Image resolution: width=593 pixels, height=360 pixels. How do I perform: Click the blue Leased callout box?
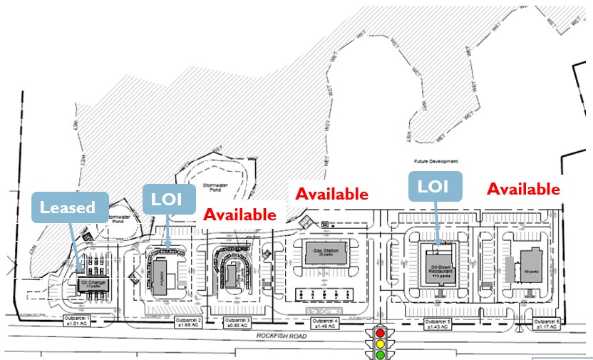pos(69,207)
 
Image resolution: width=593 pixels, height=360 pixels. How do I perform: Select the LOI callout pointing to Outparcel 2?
pos(169,200)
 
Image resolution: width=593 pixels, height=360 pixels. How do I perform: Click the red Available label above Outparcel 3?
pos(239,215)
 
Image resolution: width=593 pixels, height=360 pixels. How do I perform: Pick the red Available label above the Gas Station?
pos(331,193)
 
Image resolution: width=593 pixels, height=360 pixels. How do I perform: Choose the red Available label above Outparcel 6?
pos(522,189)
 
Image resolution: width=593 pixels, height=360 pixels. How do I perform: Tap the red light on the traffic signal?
pos(380,333)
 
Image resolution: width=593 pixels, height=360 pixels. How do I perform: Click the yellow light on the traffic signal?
pos(380,344)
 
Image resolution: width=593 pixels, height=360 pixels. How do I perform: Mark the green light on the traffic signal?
pos(380,354)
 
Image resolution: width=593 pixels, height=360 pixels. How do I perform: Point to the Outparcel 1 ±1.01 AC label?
pos(78,319)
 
